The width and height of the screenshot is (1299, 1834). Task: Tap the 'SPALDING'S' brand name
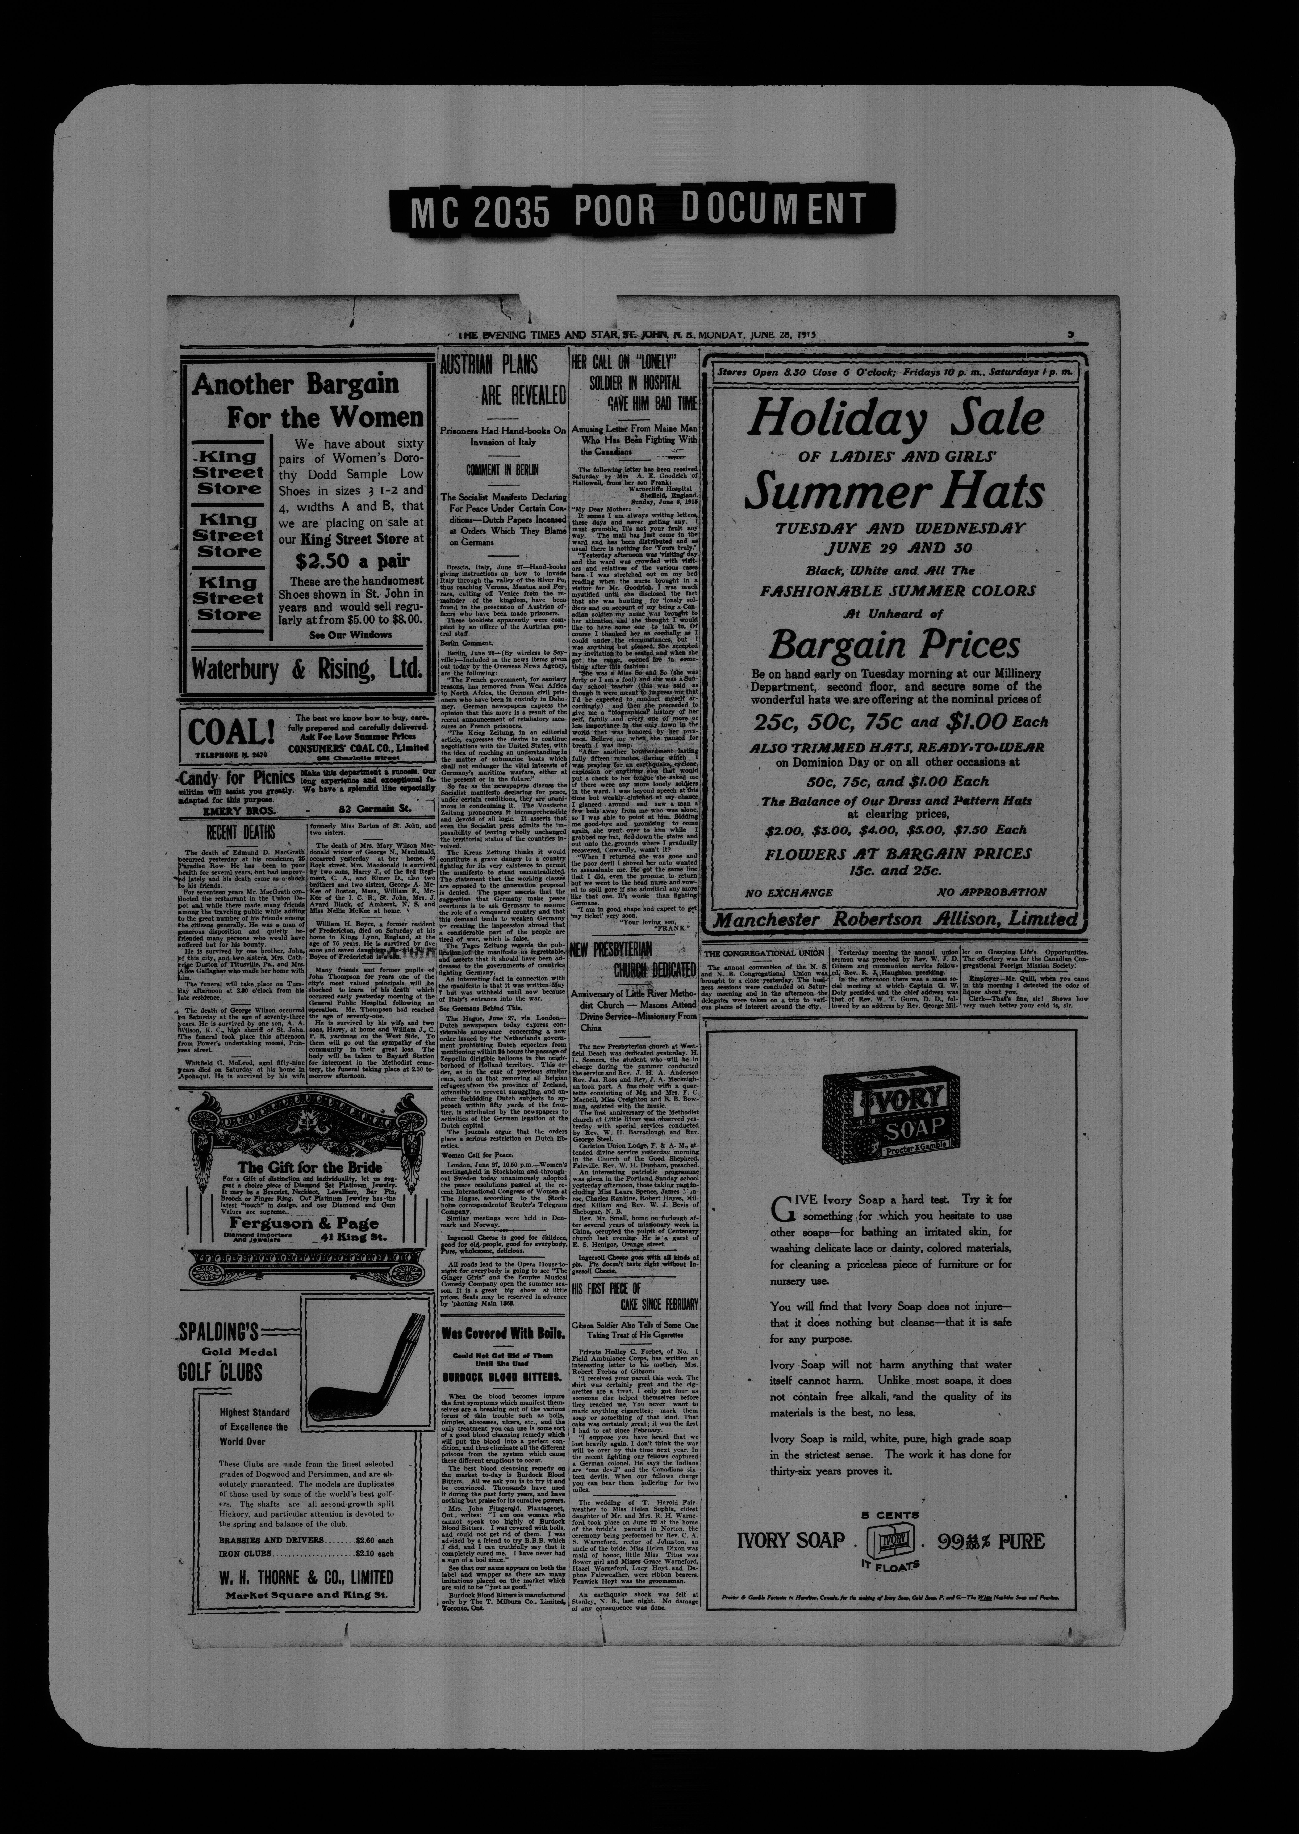point(220,1331)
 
